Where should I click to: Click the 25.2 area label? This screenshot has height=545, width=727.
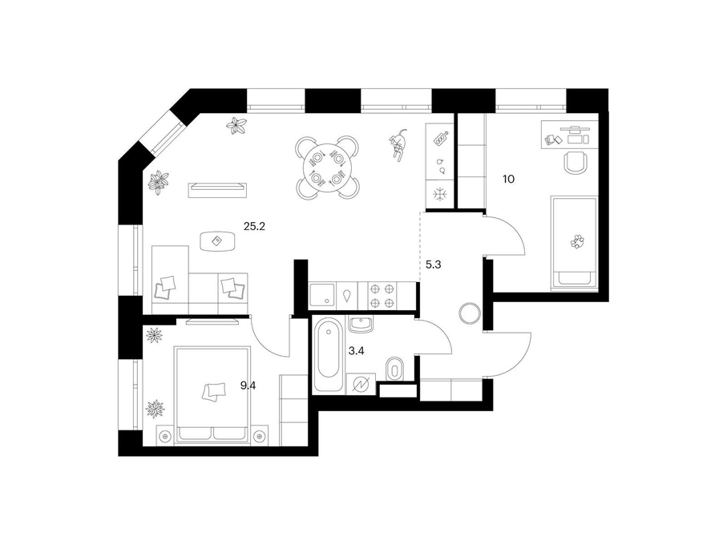point(254,227)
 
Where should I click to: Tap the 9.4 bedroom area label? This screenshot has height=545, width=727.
point(248,386)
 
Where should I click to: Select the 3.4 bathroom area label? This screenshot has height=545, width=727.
point(356,351)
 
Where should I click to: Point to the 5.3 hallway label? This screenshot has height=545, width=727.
point(433,264)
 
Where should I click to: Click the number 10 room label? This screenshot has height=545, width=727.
point(509,179)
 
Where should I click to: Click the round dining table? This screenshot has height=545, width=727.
point(327,168)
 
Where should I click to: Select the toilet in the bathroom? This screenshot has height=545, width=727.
point(394,369)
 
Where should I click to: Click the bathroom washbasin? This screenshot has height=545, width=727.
point(360,324)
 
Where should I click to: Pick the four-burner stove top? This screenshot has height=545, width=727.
point(382,296)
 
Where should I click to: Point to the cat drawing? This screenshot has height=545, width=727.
point(398,144)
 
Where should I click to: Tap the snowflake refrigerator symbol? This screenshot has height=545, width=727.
point(438,194)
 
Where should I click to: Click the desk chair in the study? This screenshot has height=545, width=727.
point(576,162)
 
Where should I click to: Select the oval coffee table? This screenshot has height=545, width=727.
point(218,241)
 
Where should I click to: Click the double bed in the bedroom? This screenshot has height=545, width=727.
point(212,396)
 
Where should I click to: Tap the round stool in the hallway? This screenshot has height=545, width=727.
point(470,313)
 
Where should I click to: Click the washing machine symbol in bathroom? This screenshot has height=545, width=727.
point(361,384)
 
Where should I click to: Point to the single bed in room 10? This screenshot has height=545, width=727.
point(574,244)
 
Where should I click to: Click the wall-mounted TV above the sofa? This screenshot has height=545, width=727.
point(217,191)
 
